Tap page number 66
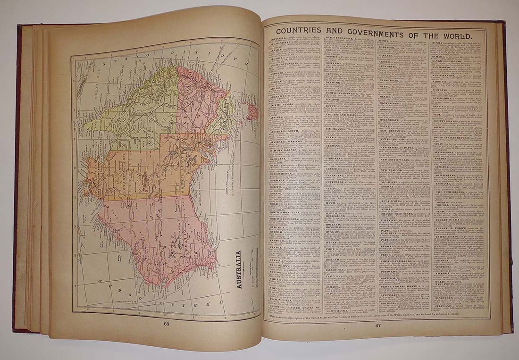[x=166, y=324]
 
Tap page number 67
[x=378, y=325]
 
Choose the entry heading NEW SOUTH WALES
[x=403, y=159]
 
